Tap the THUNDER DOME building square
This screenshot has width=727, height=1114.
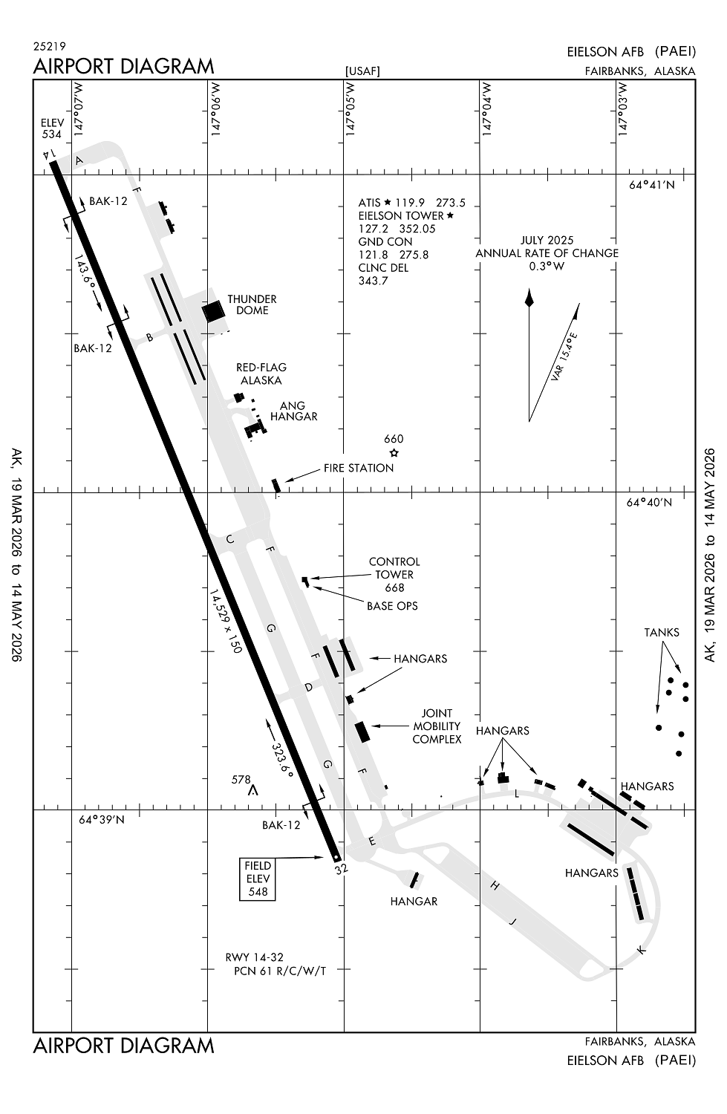(213, 311)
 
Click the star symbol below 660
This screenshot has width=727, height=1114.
(394, 452)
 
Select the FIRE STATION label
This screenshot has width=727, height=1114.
(359, 468)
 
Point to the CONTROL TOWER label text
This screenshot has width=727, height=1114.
(394, 568)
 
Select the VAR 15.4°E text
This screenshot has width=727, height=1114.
(565, 357)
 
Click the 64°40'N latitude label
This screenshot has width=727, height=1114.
(649, 502)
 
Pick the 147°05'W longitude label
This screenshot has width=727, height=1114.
(351, 109)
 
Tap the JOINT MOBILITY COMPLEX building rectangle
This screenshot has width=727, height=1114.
(362, 732)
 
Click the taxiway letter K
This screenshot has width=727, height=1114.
(642, 951)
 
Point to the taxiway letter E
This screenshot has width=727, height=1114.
(371, 841)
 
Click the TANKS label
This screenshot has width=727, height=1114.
(662, 633)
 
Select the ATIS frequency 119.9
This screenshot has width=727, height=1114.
(410, 203)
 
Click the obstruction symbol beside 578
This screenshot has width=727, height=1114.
(254, 790)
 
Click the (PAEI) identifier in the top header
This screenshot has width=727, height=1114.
(675, 51)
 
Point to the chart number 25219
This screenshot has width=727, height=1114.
(49, 46)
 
